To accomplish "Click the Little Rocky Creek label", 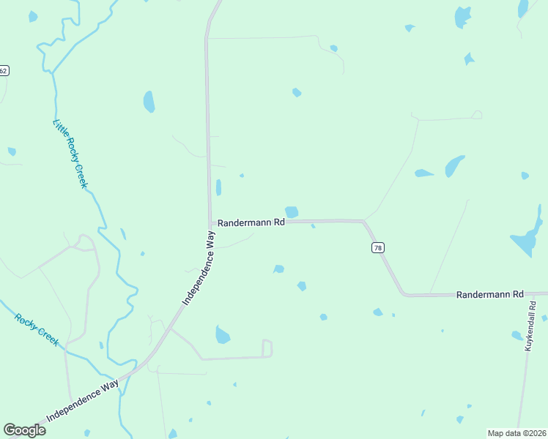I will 70,154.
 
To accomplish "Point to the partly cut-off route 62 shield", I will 4,70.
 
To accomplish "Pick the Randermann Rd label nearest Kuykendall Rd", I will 489,294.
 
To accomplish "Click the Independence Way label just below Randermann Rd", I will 199,268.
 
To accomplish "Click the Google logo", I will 25,430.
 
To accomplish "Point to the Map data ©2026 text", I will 516,433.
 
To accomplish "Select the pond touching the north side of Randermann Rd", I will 292,212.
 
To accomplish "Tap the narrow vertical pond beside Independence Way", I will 218,187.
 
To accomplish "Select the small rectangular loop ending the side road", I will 267,348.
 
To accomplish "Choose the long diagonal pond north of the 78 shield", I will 454,166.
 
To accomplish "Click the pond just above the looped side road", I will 223,335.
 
